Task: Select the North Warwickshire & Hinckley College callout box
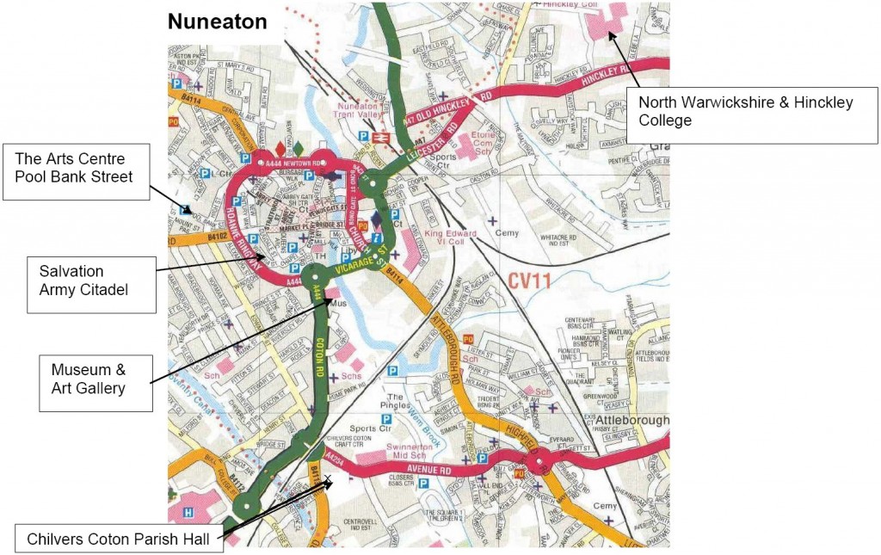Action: coord(746,111)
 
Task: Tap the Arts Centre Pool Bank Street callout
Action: coord(76,168)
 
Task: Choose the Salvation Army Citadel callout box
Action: coord(83,280)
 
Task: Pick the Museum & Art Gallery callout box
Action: coord(101,379)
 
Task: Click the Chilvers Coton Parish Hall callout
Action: coord(119,539)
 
